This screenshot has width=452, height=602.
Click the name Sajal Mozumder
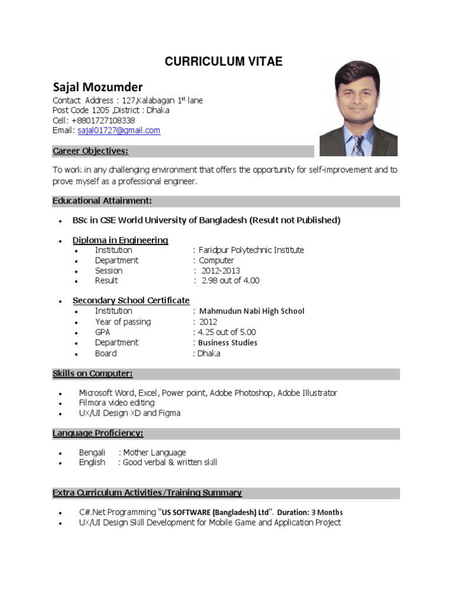[x=98, y=87]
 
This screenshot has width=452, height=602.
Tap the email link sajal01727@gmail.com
[x=119, y=131]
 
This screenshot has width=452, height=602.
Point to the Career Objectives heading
[x=91, y=151]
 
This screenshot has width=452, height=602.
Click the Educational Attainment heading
[x=102, y=201]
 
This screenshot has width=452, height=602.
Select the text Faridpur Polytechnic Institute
[x=251, y=250]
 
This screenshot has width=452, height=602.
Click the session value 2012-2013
[x=221, y=271]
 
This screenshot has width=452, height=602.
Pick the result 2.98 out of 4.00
[x=230, y=281]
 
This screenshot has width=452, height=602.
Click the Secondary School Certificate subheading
[x=131, y=300]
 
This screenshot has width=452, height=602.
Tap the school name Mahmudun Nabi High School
[x=252, y=311]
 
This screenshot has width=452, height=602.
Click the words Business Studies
[x=228, y=343]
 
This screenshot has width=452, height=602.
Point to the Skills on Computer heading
[x=93, y=374]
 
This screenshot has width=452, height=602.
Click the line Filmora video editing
[x=117, y=403]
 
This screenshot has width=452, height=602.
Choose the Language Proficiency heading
[x=98, y=434]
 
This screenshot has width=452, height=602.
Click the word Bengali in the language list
[x=92, y=453]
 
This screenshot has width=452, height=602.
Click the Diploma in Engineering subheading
[x=120, y=240]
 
